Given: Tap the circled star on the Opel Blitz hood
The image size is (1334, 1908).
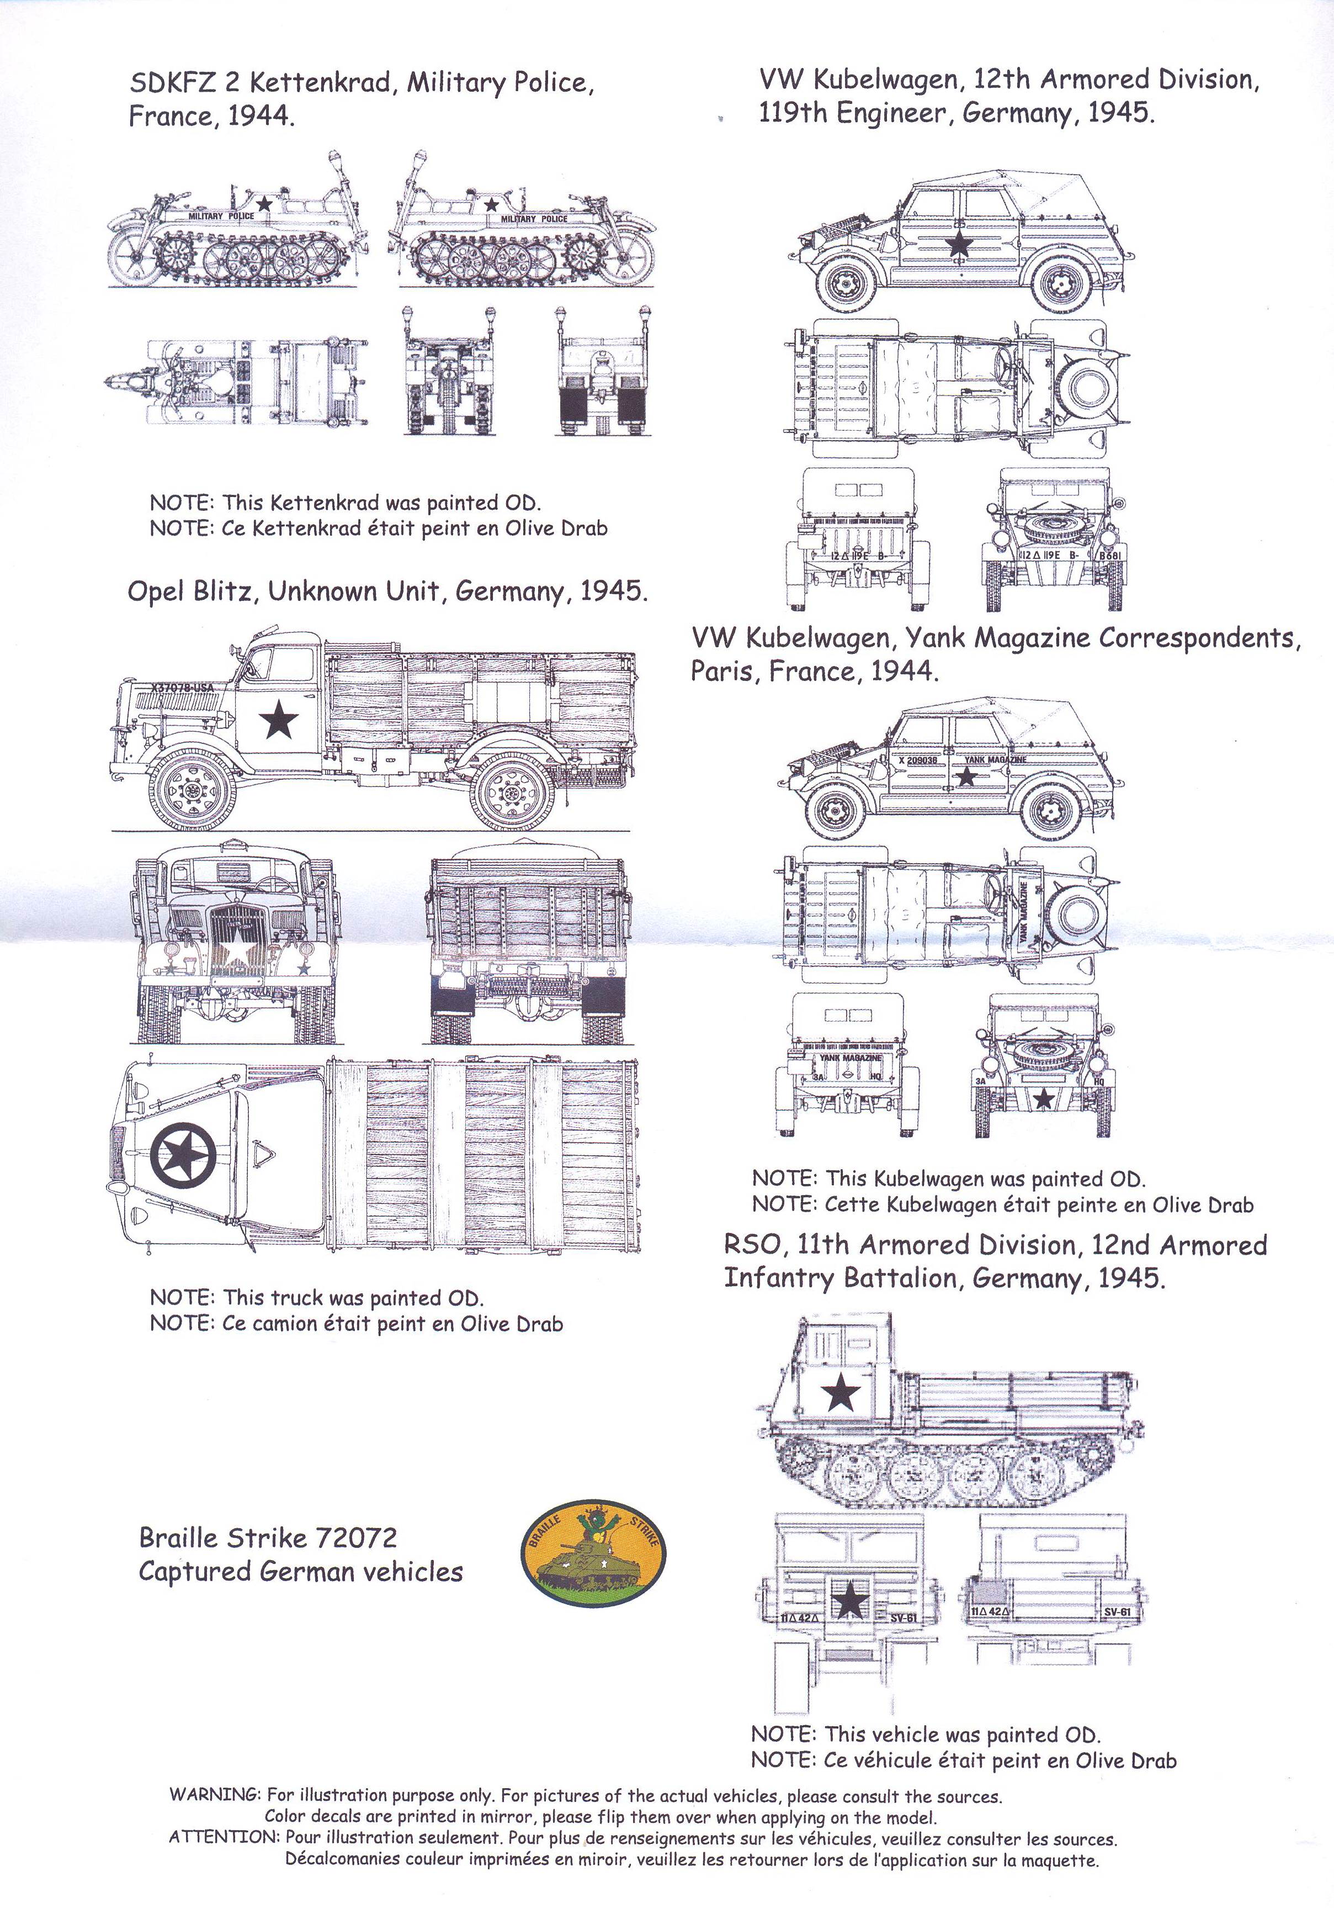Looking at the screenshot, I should (x=183, y=1155).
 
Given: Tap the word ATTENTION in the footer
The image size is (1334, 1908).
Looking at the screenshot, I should (x=222, y=1837).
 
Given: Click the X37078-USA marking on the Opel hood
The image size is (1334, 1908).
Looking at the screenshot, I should (x=183, y=688).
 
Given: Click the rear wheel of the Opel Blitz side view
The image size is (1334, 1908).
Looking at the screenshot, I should (x=513, y=791).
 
